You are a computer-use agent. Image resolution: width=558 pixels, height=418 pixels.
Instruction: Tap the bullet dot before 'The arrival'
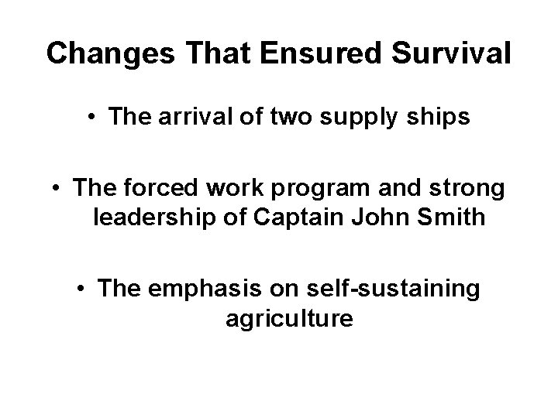(x=91, y=118)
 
